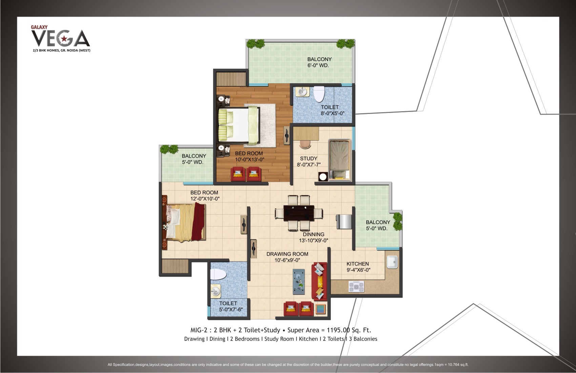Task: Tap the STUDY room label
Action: click(x=309, y=158)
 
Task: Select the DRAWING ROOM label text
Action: click(x=287, y=254)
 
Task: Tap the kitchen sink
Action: click(x=392, y=262)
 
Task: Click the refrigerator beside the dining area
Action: click(x=344, y=222)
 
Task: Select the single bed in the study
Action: click(x=340, y=160)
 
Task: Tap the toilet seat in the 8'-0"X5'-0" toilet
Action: click(x=319, y=94)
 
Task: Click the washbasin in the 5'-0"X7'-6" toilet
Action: click(x=215, y=291)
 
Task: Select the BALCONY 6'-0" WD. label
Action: click(x=320, y=62)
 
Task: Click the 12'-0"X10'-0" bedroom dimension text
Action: click(x=205, y=199)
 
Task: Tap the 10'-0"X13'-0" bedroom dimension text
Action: click(x=250, y=159)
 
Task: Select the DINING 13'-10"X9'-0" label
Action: click(x=313, y=237)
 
